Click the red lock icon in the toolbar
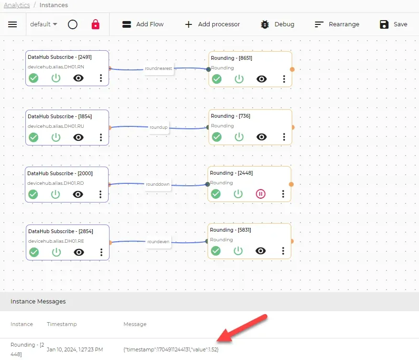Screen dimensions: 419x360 pyautogui.click(x=95, y=24)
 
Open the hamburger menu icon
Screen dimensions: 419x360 pyautogui.click(x=12, y=24)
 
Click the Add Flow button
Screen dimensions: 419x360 pyautogui.click(x=143, y=24)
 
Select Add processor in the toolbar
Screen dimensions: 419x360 pyautogui.click(x=212, y=24)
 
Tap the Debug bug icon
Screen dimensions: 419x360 pyautogui.click(x=265, y=24)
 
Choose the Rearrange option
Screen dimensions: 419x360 pyautogui.click(x=337, y=24)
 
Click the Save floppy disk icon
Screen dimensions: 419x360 pyautogui.click(x=384, y=24)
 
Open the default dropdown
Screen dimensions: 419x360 pyautogui.click(x=44, y=24)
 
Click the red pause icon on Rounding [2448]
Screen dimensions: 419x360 pyautogui.click(x=261, y=194)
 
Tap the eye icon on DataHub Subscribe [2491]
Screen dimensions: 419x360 pyautogui.click(x=78, y=78)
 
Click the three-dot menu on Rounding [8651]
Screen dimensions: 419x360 pyautogui.click(x=284, y=79)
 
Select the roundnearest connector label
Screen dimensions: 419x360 pyautogui.click(x=158, y=68)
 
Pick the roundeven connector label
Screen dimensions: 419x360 pyautogui.click(x=158, y=241)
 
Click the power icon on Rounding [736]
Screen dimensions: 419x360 pyautogui.click(x=239, y=137)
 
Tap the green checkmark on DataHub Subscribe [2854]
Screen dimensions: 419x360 pyautogui.click(x=34, y=252)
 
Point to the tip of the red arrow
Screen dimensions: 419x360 pyautogui.click(x=217, y=341)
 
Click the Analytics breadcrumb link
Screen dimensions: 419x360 pyautogui.click(x=17, y=5)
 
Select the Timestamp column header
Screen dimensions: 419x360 pyautogui.click(x=62, y=324)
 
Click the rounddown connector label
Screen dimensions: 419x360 pyautogui.click(x=158, y=184)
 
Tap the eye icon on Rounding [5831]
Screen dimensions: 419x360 pyautogui.click(x=261, y=251)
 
